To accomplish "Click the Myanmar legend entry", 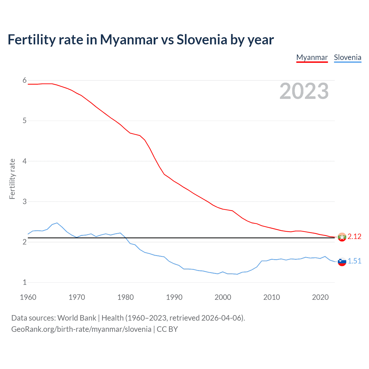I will (312, 57).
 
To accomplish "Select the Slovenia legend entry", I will (347, 57).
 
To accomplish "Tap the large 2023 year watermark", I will (304, 91).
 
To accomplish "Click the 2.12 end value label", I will (354, 237).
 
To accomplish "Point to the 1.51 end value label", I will (354, 261).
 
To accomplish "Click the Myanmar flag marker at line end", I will (342, 237).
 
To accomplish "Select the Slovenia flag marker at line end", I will (342, 261).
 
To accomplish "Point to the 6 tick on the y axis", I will (25, 80).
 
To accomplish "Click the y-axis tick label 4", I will (25, 161).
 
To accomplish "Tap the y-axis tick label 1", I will (25, 283).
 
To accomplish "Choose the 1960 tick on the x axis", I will (28, 297).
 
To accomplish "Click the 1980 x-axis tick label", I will (125, 297).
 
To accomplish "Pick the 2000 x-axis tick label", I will (223, 297).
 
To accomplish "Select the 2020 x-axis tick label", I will (320, 297).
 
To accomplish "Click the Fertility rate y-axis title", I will (12, 179).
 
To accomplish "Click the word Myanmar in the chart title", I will (129, 40).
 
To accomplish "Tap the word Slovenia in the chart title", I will (202, 40).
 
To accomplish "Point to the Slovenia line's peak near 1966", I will (57, 223).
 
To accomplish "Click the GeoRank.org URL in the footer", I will (81, 329).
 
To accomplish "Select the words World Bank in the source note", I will (77, 318).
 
